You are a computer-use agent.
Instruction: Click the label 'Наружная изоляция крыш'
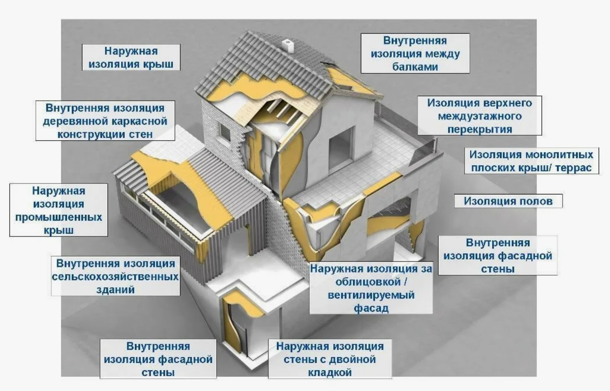tap(131, 58)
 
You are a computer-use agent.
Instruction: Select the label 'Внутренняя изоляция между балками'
tap(415, 53)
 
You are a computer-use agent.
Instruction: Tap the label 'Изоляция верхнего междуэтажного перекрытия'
tap(479, 116)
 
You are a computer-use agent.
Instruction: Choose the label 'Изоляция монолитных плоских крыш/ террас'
tap(531, 161)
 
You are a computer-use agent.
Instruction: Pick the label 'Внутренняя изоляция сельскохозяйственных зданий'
tap(115, 277)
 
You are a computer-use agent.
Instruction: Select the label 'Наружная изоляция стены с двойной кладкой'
tap(330, 359)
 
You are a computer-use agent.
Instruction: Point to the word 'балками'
tap(415, 67)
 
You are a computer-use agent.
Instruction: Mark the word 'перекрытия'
tap(479, 129)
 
